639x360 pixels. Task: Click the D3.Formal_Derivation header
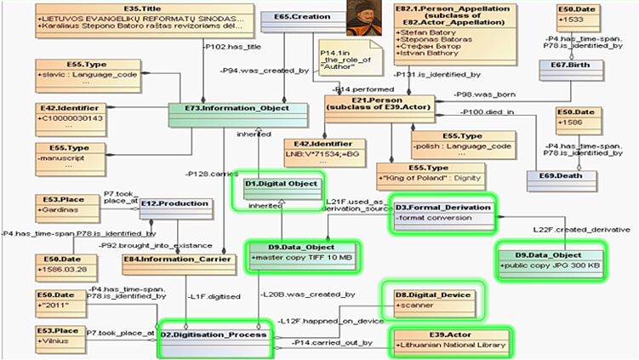point(443,207)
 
